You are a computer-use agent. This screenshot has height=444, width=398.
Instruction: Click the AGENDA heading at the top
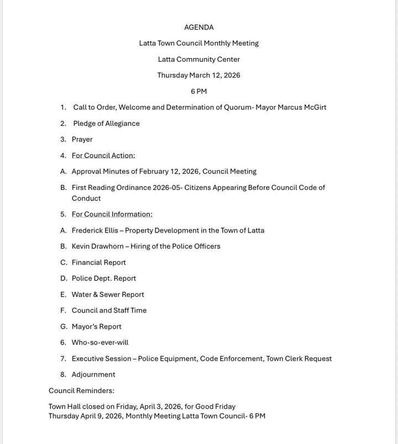click(199, 27)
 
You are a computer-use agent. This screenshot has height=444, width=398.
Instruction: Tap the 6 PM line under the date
click(199, 91)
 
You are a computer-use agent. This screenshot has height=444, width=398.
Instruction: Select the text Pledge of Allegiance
click(106, 123)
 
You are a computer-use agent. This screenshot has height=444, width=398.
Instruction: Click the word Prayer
click(82, 139)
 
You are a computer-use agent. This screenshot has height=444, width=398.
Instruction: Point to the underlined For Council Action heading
click(103, 155)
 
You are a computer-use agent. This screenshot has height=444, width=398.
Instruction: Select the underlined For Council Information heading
click(112, 214)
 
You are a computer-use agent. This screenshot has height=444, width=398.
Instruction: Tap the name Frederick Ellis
click(95, 230)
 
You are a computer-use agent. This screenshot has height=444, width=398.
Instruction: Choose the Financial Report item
click(98, 262)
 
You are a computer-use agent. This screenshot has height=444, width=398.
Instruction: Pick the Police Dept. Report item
click(103, 278)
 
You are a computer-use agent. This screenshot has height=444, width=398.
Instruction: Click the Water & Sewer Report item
click(107, 294)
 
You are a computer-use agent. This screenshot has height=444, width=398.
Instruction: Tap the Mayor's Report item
click(96, 326)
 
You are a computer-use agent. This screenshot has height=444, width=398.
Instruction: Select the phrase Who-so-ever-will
click(100, 342)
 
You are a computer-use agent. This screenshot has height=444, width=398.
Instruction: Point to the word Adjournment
click(93, 374)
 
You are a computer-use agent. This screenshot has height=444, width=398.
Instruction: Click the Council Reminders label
click(81, 390)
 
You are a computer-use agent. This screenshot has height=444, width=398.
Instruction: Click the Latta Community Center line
click(199, 59)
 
